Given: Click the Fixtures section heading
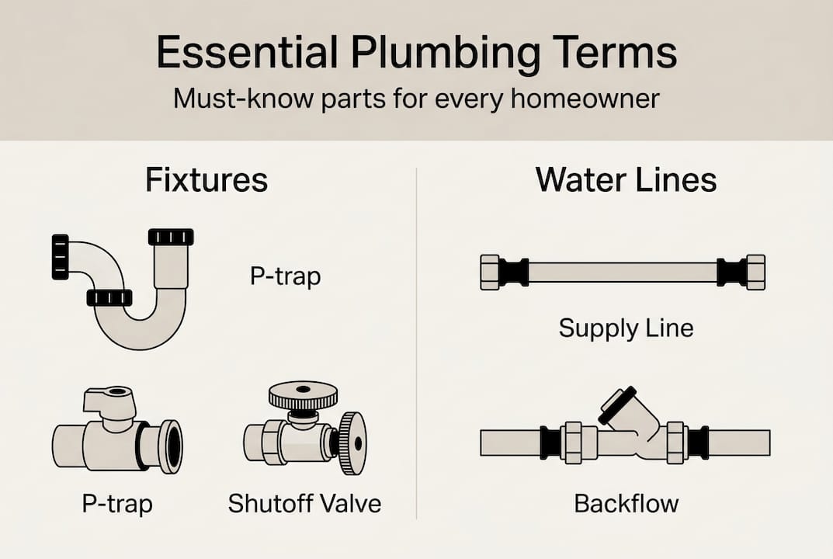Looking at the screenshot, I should [207, 180].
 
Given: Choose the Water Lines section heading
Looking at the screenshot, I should [626, 180].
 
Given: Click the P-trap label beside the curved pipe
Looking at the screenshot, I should [285, 276].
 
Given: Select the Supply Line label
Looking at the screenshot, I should [626, 328].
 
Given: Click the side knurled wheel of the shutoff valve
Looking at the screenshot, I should [352, 443].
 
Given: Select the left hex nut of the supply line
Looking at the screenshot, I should [490, 273].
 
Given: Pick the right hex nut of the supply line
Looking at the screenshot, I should [755, 273].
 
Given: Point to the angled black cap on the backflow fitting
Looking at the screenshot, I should [617, 404].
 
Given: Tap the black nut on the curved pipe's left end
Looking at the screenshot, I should [60, 256].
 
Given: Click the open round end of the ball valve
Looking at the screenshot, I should [169, 446].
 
